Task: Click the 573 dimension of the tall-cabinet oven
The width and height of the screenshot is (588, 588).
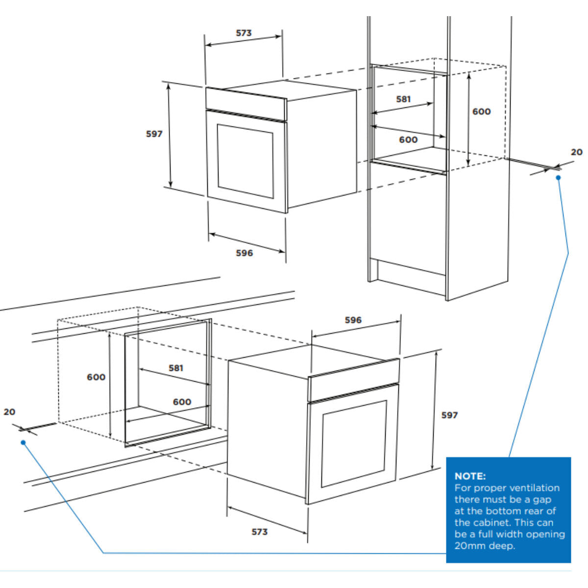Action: [x=244, y=33]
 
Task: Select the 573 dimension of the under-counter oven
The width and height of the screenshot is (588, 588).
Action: [x=259, y=532]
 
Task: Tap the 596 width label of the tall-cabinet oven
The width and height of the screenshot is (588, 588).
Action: [x=244, y=253]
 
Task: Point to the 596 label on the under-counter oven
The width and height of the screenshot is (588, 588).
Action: [x=353, y=320]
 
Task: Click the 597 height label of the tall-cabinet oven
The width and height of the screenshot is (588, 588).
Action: [x=154, y=134]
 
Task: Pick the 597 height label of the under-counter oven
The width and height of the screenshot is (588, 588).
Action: [x=449, y=415]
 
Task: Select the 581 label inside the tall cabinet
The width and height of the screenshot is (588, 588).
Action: [x=403, y=99]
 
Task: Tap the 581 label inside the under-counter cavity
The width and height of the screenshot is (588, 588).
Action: [x=176, y=367]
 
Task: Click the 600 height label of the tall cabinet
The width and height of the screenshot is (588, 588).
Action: [x=482, y=111]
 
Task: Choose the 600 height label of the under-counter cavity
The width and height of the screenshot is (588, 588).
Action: [x=96, y=377]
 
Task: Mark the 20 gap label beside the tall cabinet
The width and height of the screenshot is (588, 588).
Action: [x=577, y=152]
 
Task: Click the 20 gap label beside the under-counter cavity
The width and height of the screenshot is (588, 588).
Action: [x=9, y=412]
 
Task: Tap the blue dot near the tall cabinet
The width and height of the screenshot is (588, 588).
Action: [x=558, y=177]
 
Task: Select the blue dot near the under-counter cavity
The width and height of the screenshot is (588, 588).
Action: [x=23, y=442]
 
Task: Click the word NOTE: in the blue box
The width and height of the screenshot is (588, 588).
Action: [x=470, y=476]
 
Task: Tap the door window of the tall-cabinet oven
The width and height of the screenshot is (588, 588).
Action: [x=245, y=161]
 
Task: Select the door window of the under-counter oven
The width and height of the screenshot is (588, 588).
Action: [x=354, y=444]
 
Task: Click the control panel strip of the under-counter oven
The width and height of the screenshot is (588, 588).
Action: [x=354, y=380]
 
